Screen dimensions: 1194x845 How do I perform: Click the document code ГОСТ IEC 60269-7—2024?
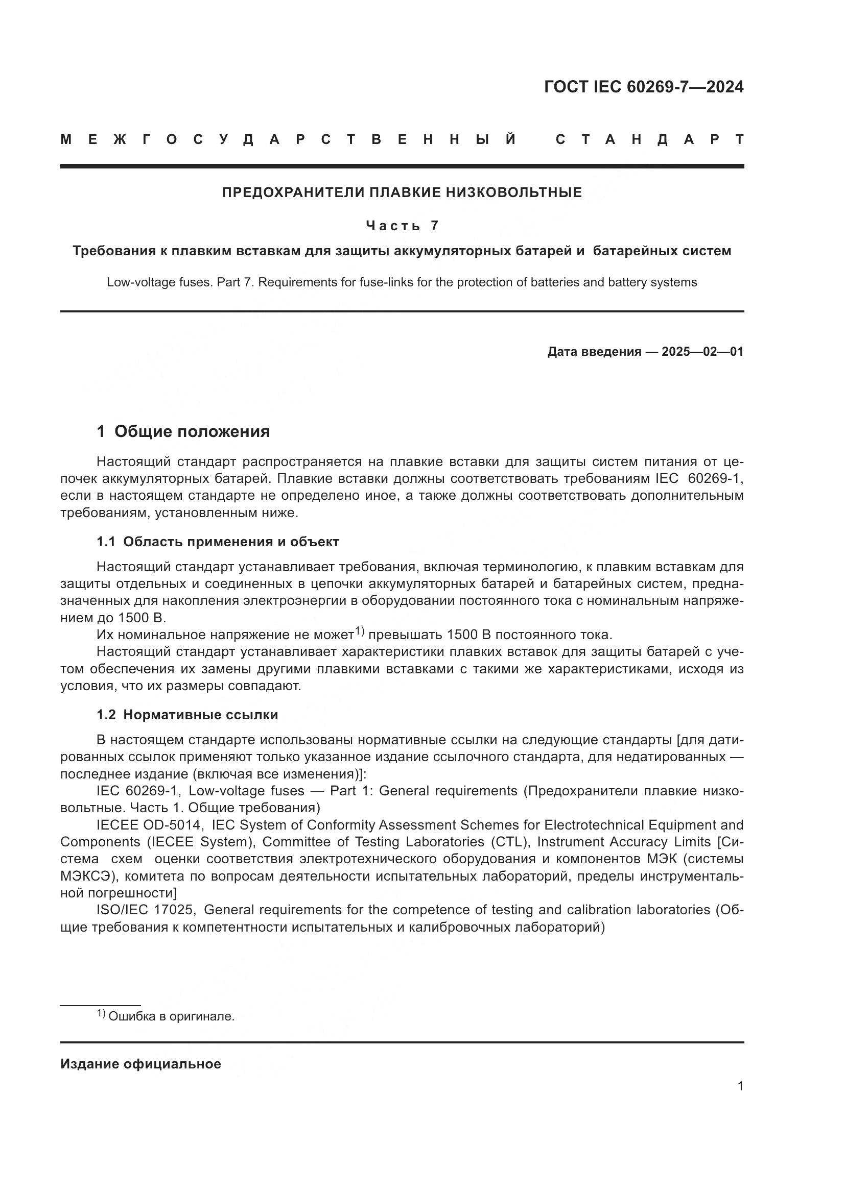coord(644,87)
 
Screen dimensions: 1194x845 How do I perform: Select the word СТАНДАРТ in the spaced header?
coord(650,139)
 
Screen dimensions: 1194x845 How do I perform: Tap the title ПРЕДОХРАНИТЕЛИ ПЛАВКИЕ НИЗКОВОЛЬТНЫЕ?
coord(402,192)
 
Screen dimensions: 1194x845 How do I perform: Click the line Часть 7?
coord(402,225)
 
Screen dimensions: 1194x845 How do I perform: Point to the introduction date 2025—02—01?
coord(702,352)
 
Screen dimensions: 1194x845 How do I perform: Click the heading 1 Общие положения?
coord(183,431)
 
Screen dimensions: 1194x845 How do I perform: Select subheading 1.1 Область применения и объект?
coord(218,542)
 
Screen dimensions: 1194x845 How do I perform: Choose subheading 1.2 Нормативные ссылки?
coord(187,715)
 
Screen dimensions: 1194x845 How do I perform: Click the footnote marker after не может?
coord(360,631)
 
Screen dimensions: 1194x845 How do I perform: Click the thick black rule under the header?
coord(402,166)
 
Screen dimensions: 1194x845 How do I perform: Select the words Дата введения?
coord(594,352)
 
